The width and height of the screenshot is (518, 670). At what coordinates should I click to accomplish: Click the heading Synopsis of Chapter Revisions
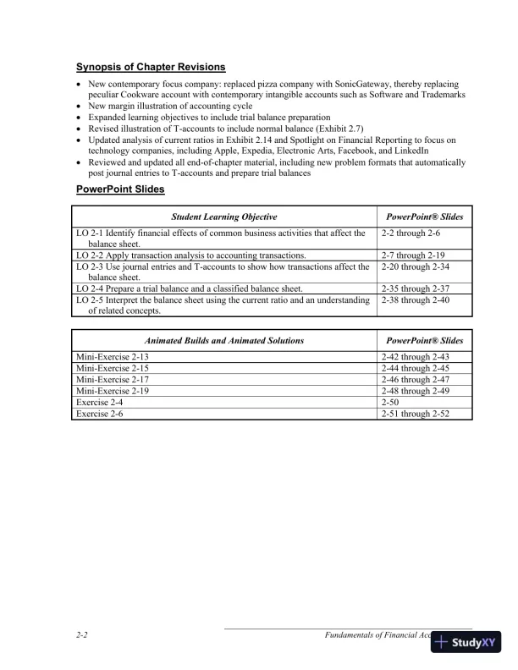pyautogui.click(x=151, y=67)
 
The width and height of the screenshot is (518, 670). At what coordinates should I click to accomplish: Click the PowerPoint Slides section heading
pyautogui.click(x=120, y=189)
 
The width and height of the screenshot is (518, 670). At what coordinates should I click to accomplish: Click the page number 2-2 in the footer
pyautogui.click(x=83, y=634)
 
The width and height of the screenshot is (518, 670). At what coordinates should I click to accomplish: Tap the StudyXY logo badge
pyautogui.click(x=466, y=642)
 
